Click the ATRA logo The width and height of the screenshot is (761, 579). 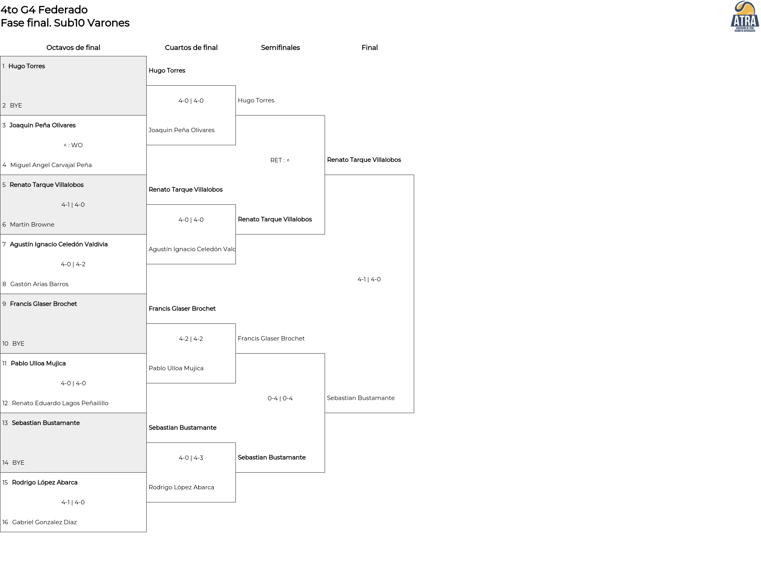point(745,17)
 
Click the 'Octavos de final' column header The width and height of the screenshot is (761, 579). point(73,48)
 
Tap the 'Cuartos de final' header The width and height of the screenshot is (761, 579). point(191,48)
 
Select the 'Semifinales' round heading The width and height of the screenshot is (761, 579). point(280,48)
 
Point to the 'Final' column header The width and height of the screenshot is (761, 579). point(369,48)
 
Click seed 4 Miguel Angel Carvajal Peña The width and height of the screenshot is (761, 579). point(51,165)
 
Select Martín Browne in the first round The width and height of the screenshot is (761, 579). point(32,225)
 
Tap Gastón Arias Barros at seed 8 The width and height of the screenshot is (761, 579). point(39,284)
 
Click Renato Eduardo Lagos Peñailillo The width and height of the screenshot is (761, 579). point(60,403)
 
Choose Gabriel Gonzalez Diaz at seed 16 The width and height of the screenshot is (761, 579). point(44,522)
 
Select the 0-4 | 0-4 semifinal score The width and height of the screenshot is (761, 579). point(280,398)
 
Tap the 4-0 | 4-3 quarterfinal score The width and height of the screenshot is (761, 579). point(191,458)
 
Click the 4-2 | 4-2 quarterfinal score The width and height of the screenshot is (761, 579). point(191,339)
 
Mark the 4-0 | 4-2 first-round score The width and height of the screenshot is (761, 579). point(73,264)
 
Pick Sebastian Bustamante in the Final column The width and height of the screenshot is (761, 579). point(361,398)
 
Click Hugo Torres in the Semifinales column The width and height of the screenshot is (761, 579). point(256,100)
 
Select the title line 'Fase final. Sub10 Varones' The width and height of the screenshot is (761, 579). point(65,23)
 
